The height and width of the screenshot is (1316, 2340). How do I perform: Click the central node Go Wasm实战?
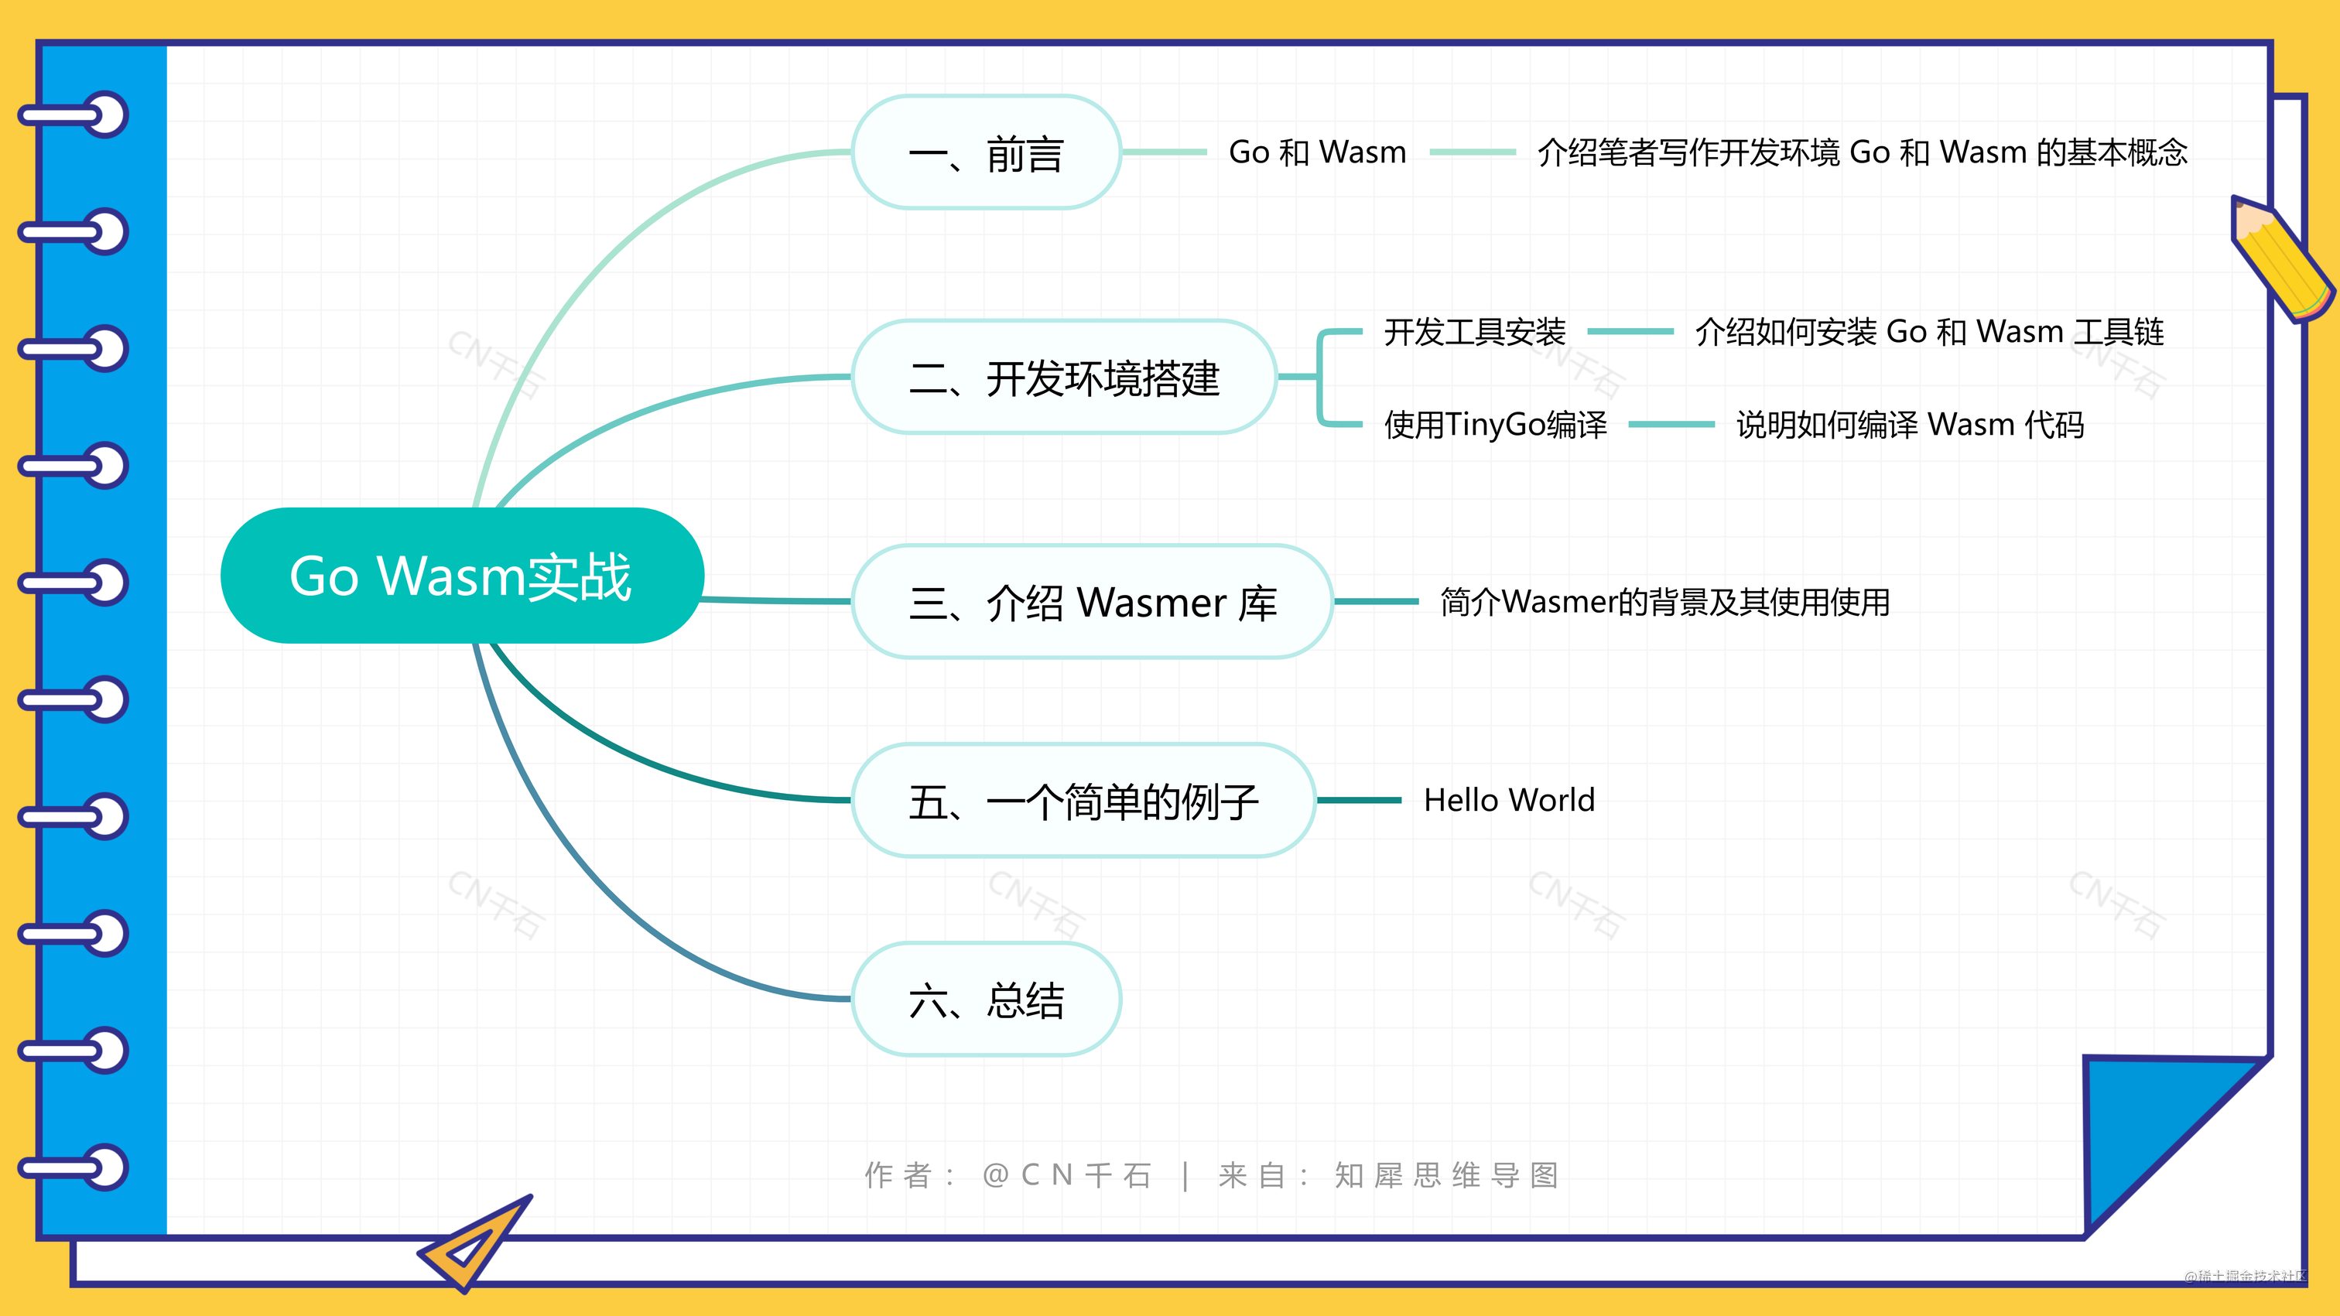pos(461,576)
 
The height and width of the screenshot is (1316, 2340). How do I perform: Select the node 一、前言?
pos(986,152)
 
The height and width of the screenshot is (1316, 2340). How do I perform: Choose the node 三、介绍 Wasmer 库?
pos(1092,601)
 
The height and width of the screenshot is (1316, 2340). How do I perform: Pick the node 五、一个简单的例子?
pos(1083,800)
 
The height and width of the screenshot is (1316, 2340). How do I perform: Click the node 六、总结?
pos(986,999)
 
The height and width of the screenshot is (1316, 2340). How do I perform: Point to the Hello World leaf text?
pos(1509,800)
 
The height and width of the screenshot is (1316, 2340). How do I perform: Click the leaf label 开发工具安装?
pos(1474,331)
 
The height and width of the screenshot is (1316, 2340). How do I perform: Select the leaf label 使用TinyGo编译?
pos(1495,424)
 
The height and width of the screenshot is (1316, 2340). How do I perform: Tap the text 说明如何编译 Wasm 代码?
pos(1910,424)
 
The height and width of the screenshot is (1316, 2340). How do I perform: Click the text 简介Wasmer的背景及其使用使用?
pos(1664,601)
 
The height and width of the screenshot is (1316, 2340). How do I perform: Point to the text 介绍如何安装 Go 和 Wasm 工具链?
pos(1928,331)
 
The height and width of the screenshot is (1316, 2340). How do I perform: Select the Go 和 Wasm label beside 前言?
pos(1316,152)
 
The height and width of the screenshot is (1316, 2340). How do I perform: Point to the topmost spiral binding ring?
pos(77,115)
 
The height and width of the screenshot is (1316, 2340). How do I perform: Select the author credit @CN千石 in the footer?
pos(1066,1175)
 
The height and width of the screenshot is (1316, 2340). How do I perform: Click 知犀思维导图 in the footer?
pos(1446,1175)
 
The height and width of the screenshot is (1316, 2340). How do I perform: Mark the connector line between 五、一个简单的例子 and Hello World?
pos(1359,800)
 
